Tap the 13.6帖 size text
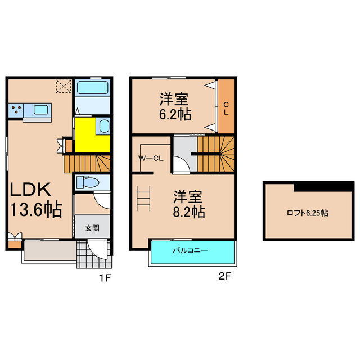point(35,210)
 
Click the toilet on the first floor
point(89,182)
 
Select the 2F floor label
point(224,277)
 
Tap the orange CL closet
point(226,107)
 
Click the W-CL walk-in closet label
point(151,158)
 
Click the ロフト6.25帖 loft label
point(307,213)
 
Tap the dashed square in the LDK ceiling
point(63,87)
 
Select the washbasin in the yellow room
point(103,126)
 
